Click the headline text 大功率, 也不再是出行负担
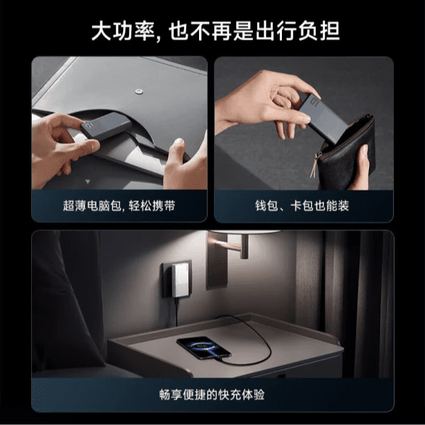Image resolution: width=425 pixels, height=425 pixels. [215, 31]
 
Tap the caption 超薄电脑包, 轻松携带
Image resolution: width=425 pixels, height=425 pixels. [119, 205]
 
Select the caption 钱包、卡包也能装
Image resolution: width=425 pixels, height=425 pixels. [302, 205]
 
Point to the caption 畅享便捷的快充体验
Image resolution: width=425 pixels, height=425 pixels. [212, 395]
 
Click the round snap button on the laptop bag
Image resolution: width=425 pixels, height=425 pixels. [139, 91]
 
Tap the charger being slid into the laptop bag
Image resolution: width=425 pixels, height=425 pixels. [106, 126]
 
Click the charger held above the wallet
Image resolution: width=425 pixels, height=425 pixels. [322, 118]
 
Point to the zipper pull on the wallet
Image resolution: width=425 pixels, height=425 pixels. [315, 165]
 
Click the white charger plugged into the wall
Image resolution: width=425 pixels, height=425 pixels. [180, 280]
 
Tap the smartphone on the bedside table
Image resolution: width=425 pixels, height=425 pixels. [203, 348]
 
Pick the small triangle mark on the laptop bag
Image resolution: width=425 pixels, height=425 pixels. [87, 181]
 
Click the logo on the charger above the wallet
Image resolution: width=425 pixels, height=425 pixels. [314, 101]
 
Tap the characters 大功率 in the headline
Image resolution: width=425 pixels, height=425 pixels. [123, 31]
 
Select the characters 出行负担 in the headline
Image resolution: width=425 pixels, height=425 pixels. [297, 31]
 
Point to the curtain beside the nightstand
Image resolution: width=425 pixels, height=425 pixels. [358, 304]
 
